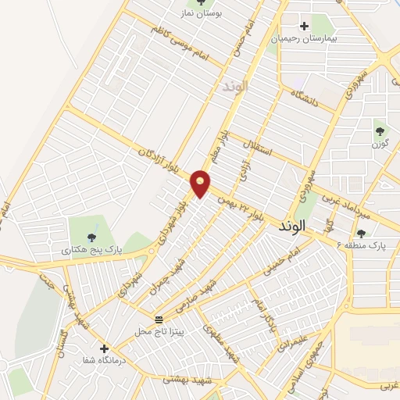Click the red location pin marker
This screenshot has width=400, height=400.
point(202,184)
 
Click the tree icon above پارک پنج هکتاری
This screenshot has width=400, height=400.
point(92,237)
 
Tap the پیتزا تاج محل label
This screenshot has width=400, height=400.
point(159,331)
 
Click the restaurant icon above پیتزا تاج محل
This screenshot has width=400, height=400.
point(159,320)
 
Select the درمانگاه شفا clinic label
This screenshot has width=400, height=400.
point(105,361)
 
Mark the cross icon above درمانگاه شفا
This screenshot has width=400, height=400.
point(104,348)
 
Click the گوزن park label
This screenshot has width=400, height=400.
point(380,144)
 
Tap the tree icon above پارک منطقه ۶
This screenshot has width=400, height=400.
point(361,232)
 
